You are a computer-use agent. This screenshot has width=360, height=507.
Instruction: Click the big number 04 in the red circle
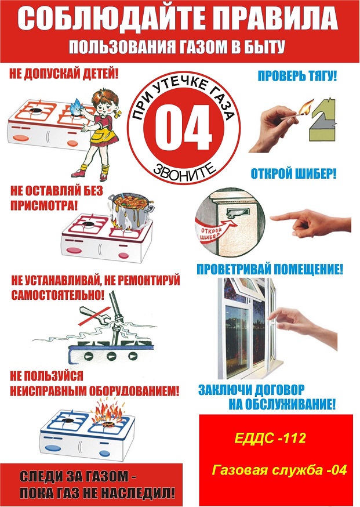click(183, 127)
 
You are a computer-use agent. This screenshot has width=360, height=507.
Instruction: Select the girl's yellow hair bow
click(119, 114)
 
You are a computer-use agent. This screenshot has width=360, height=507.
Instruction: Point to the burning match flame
click(306, 107)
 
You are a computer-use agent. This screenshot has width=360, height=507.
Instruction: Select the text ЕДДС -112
click(270, 439)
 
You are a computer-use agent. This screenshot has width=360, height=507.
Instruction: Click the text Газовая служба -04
click(279, 470)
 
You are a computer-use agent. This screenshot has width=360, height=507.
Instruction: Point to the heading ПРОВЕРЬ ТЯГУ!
click(297, 77)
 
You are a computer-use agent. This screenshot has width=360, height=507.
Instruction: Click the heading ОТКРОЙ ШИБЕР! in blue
click(293, 174)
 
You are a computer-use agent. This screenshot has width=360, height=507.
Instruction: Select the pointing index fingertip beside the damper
click(272, 218)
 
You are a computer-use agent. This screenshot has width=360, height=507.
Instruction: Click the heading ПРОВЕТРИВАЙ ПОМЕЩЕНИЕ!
click(270, 269)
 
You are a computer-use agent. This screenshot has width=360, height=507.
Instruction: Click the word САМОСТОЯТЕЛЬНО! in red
click(58, 295)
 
